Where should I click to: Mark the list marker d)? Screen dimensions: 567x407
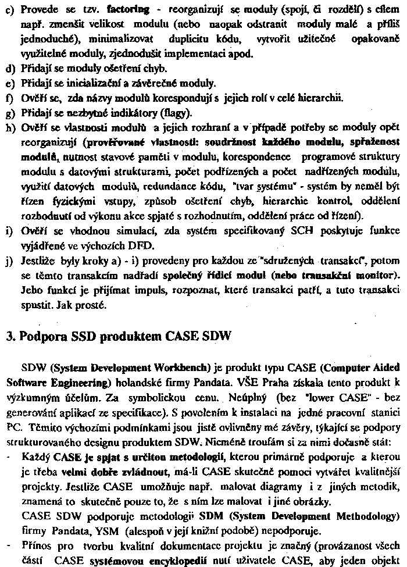10,68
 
